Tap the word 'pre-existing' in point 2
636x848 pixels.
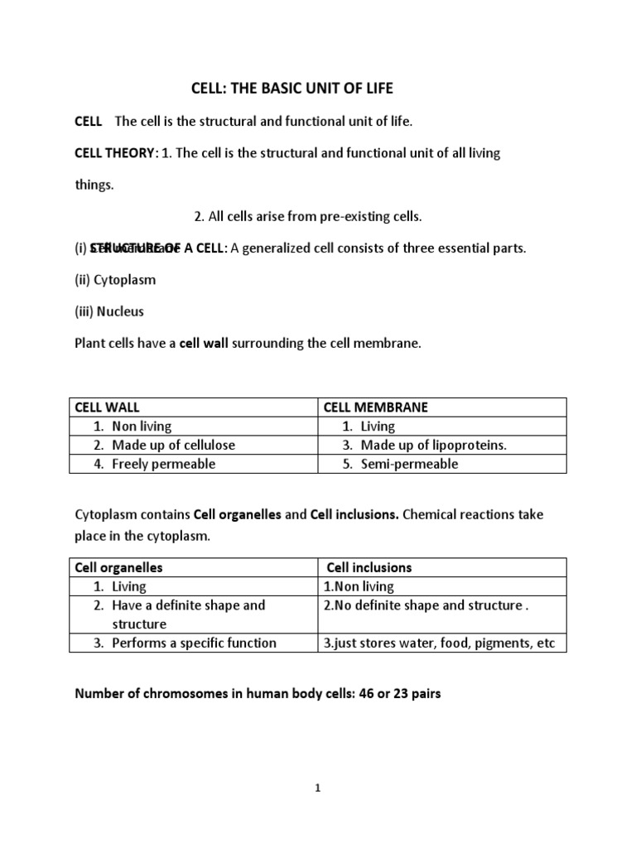tap(348, 217)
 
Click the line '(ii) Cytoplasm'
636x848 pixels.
tap(115, 280)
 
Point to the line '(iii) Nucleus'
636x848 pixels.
tap(110, 311)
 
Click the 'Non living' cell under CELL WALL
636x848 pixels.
tap(142, 426)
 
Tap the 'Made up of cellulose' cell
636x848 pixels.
tap(173, 446)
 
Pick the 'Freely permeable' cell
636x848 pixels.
tap(163, 464)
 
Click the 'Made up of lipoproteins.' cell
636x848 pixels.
tap(433, 446)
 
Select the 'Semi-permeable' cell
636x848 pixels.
tap(409, 464)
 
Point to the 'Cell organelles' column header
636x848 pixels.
tap(118, 567)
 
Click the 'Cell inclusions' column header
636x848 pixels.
tap(369, 567)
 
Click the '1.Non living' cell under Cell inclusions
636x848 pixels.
tap(359, 586)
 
